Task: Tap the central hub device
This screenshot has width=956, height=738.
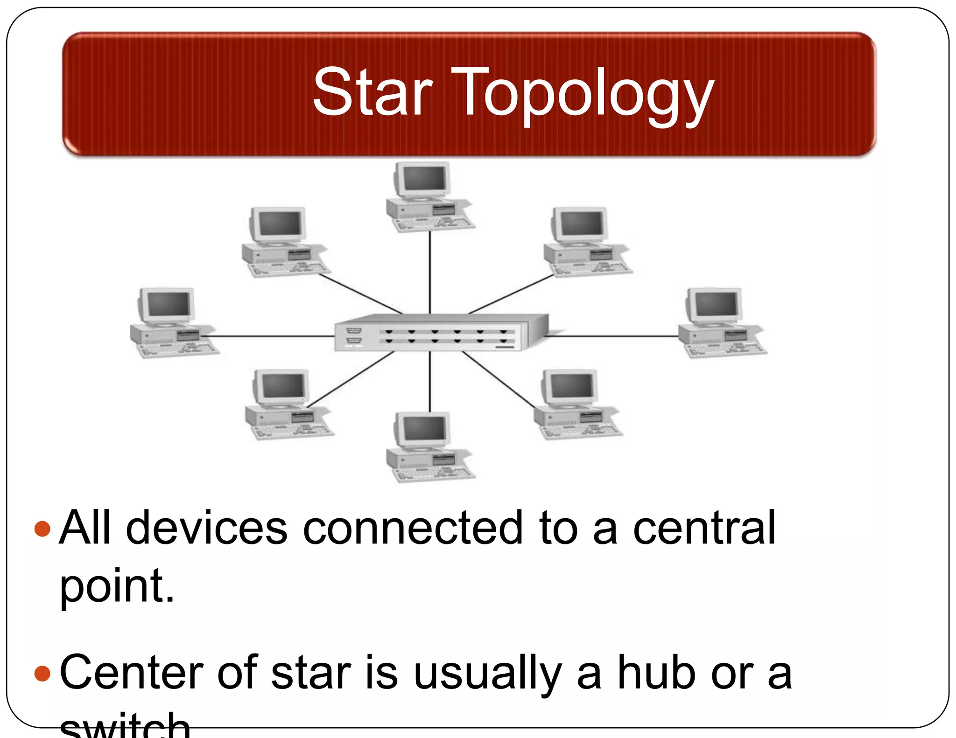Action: (x=441, y=333)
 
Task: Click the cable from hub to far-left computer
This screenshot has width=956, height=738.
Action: (x=271, y=336)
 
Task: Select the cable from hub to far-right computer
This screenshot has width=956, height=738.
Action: (x=612, y=336)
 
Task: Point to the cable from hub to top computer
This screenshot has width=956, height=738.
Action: (x=430, y=273)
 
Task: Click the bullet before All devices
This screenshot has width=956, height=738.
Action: (x=42, y=529)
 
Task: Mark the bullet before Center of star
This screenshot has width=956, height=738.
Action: (x=42, y=673)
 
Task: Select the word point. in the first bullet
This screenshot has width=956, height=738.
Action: (x=117, y=586)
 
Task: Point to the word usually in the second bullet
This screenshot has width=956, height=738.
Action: (x=488, y=674)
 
